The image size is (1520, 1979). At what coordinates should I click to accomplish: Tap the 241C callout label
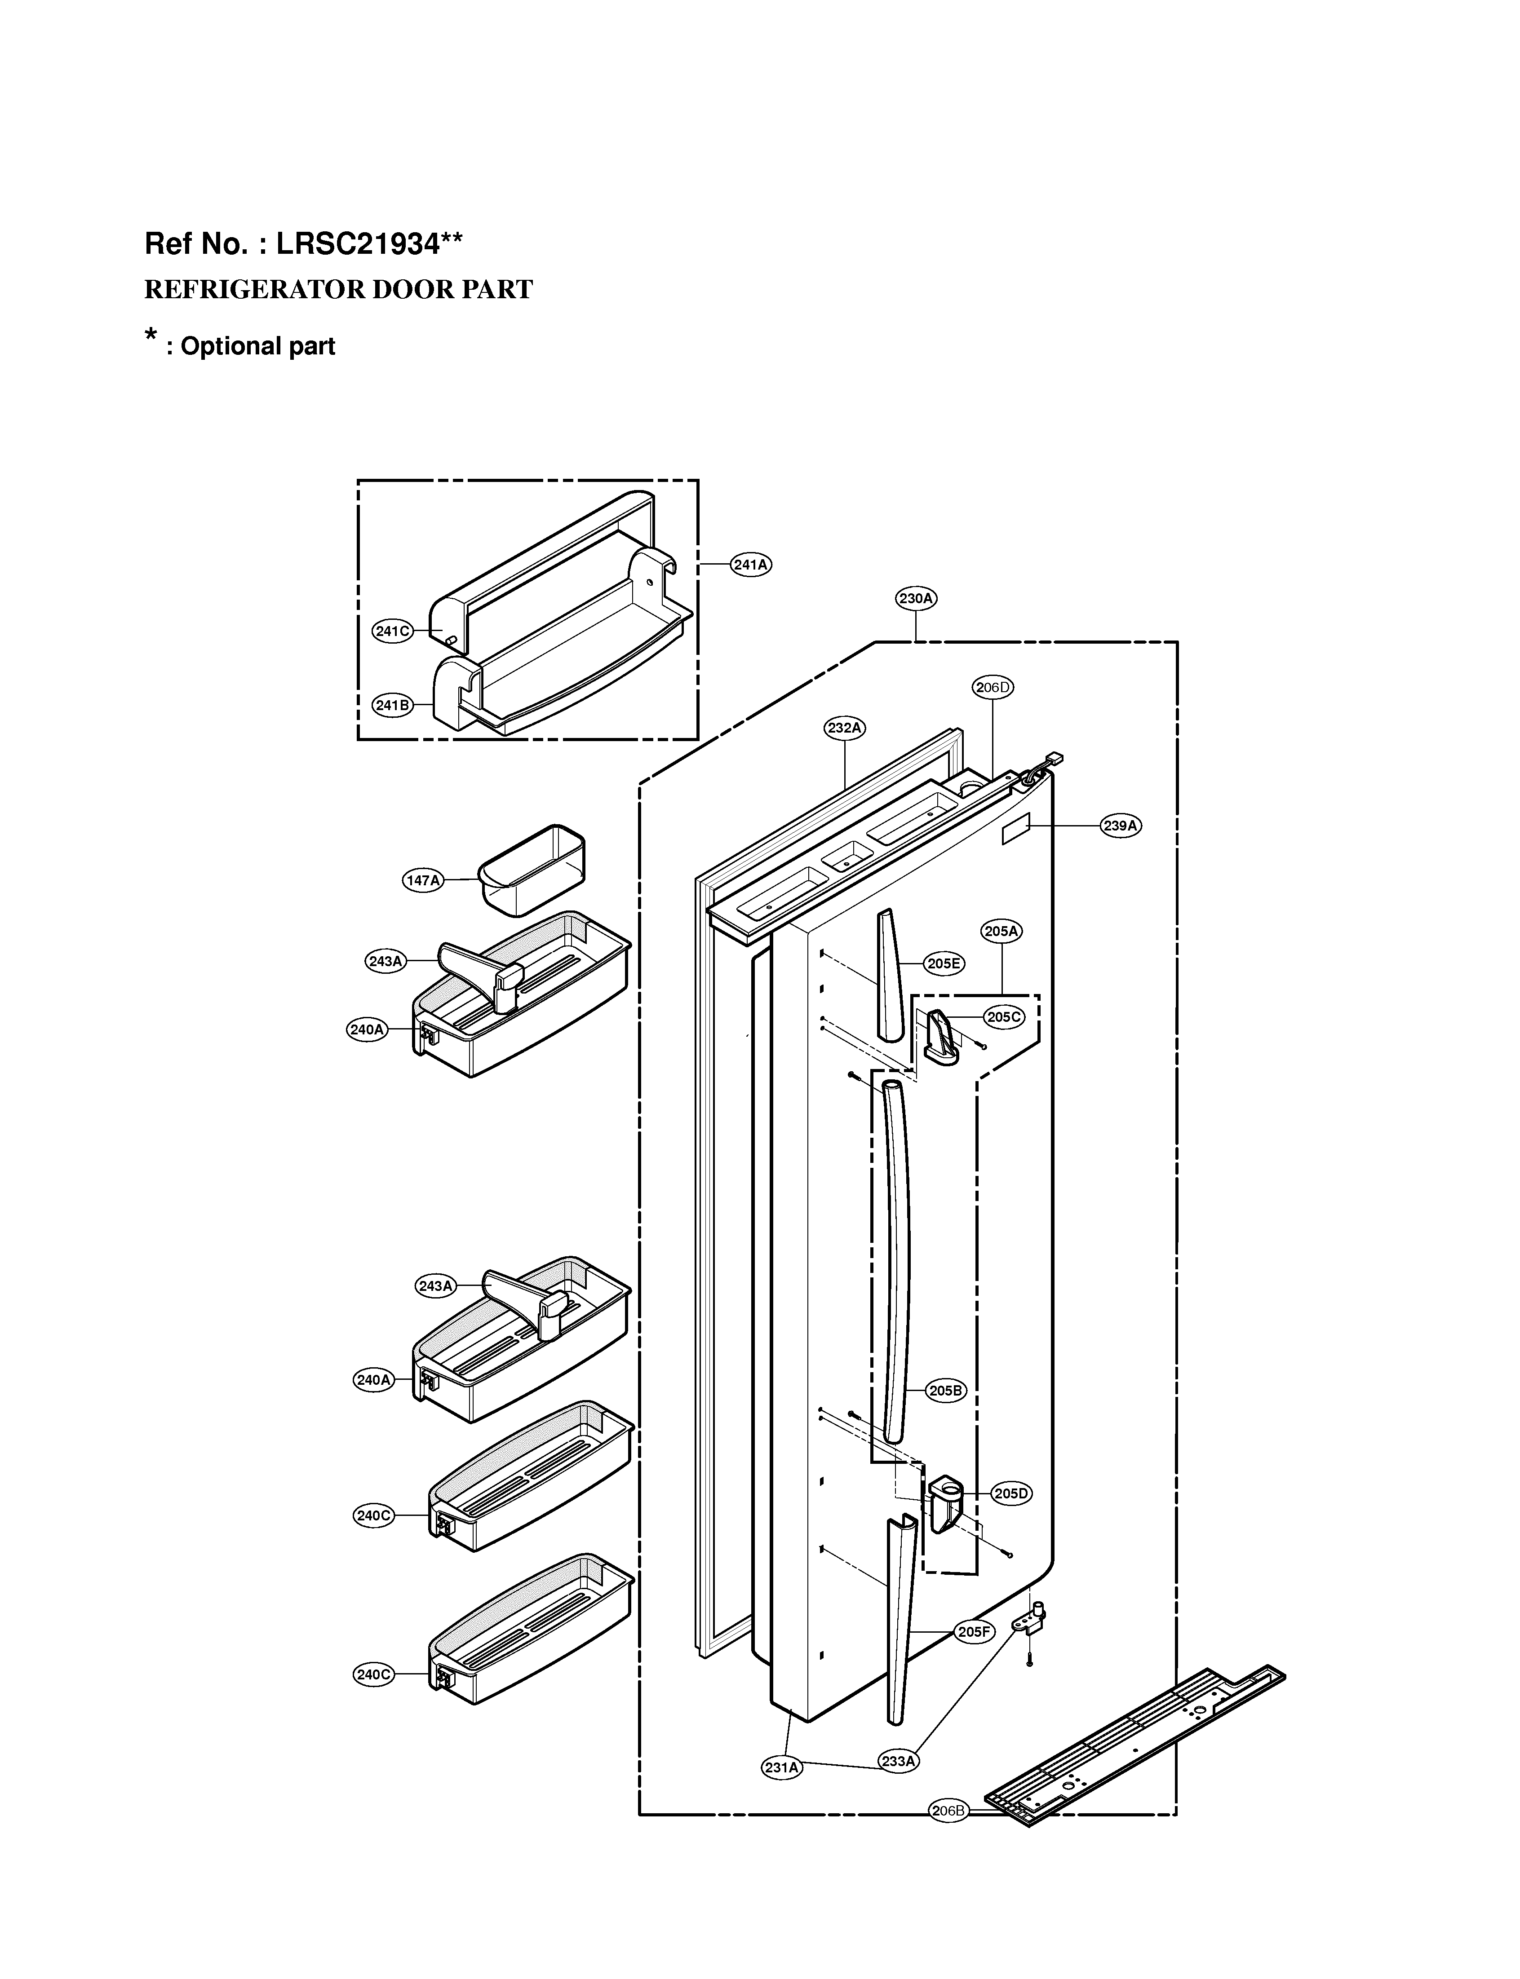point(393,632)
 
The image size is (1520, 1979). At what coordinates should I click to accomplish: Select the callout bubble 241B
point(393,706)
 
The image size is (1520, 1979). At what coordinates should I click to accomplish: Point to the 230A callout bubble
point(917,598)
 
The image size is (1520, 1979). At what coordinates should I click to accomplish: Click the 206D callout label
point(993,687)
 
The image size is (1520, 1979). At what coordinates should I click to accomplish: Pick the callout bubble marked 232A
point(845,727)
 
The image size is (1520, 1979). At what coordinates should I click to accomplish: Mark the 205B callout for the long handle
point(946,1391)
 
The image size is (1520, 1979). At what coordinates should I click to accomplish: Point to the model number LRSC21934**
point(369,244)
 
